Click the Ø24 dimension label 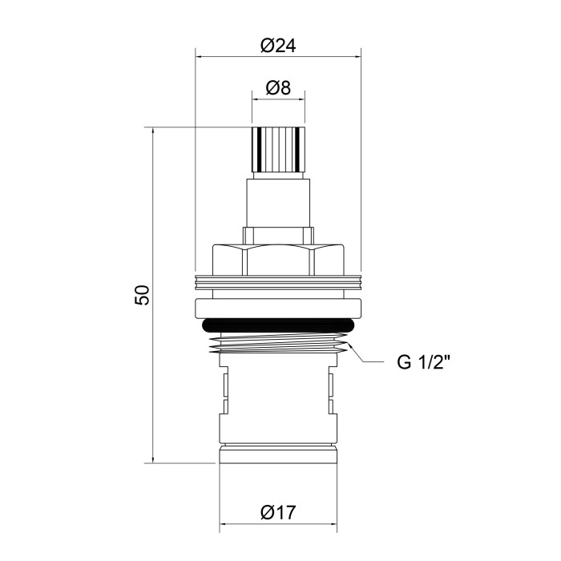[x=278, y=46]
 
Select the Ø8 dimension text [x=278, y=88]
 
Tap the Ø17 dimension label [x=278, y=512]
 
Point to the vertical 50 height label [x=142, y=294]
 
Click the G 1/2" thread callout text [x=422, y=362]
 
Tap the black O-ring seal [x=278, y=325]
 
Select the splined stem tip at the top [x=278, y=150]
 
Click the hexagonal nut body [x=278, y=260]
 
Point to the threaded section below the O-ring [x=278, y=343]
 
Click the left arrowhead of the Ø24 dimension [x=200, y=57]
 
